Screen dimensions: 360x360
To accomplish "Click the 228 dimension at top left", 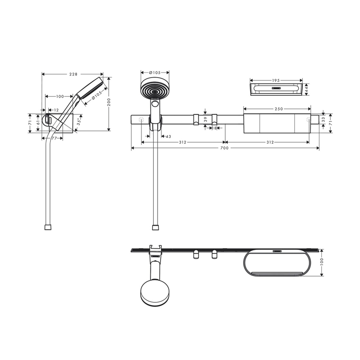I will coord(73,74).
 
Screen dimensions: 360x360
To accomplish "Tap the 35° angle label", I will coord(80,121).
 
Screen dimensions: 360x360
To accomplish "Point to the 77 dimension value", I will coord(54,138).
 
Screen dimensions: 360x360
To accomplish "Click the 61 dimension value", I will coord(38,122).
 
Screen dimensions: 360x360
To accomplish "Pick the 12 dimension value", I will coord(56,110).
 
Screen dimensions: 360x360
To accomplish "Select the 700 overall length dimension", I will coord(224,148).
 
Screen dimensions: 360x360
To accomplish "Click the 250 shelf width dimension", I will coord(278,109).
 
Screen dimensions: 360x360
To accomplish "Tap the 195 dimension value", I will coord(276,80).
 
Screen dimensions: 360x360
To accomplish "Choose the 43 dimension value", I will coord(168,136).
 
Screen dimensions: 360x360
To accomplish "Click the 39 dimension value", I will coord(205,119).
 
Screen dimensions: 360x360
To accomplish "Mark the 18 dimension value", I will coord(214,128).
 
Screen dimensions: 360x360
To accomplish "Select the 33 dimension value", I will coord(324,120).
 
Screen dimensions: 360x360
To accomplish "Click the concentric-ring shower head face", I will coord(155,88).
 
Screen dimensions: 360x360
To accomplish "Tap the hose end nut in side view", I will coord(48,227).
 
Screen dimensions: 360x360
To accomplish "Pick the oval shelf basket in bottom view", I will coord(278,266).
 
